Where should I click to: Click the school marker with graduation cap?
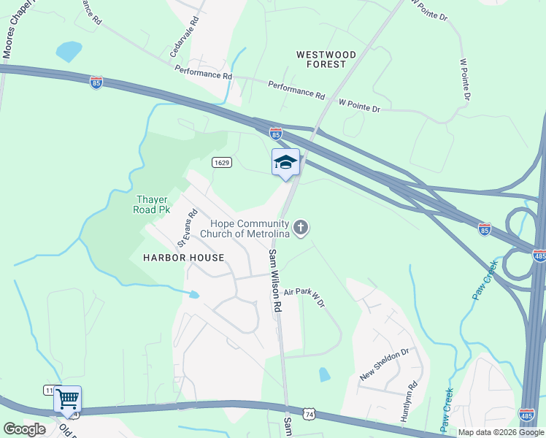pyautogui.click(x=285, y=163)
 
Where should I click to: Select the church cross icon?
pyautogui.click(x=301, y=228)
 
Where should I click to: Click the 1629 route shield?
pyautogui.click(x=223, y=162)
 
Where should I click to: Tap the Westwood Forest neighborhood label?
pyautogui.click(x=326, y=59)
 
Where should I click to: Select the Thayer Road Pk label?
pyautogui.click(x=152, y=204)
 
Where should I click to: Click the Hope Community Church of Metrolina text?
pyautogui.click(x=250, y=228)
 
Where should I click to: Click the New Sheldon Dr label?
pyautogui.click(x=385, y=365)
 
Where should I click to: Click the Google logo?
pyautogui.click(x=24, y=429)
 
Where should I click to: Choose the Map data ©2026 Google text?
pyautogui.click(x=501, y=432)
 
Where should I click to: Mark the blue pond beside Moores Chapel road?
pyautogui.click(x=69, y=51)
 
